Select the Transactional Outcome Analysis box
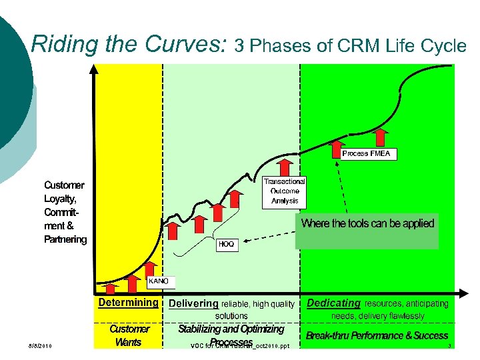click(x=285, y=191)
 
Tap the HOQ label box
click(x=226, y=245)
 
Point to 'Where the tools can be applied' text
click(x=367, y=224)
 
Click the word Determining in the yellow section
click(x=128, y=302)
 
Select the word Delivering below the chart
click(x=194, y=304)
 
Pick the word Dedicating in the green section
click(x=333, y=303)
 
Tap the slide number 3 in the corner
click(x=450, y=345)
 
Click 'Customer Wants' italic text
click(x=129, y=335)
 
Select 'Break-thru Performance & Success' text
click(x=377, y=335)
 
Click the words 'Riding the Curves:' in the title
click(x=130, y=45)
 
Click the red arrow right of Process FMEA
click(x=382, y=137)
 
